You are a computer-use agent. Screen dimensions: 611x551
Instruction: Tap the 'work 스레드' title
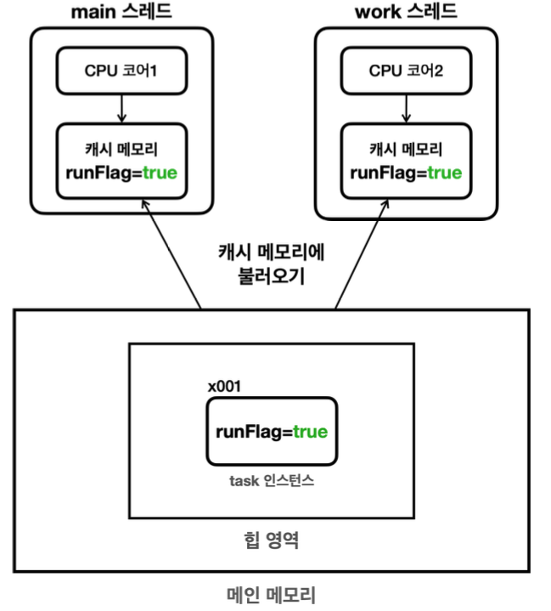coord(405,12)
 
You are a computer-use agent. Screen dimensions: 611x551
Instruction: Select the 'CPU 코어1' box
coord(121,70)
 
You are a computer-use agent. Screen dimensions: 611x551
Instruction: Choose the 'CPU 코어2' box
coord(406,70)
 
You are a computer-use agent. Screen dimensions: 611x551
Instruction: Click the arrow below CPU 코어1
coord(121,107)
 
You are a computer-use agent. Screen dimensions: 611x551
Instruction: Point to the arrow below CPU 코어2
coord(406,107)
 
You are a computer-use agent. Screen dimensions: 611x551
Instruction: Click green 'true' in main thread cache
coord(159,173)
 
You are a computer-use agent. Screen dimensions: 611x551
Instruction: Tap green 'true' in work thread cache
coord(444,173)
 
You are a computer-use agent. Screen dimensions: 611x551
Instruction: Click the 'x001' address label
coord(224,386)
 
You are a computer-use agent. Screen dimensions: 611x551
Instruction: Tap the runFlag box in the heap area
coord(271,431)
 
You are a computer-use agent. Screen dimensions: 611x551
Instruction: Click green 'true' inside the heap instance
coord(310,432)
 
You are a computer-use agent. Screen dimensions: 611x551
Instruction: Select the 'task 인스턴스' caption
coord(271,481)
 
